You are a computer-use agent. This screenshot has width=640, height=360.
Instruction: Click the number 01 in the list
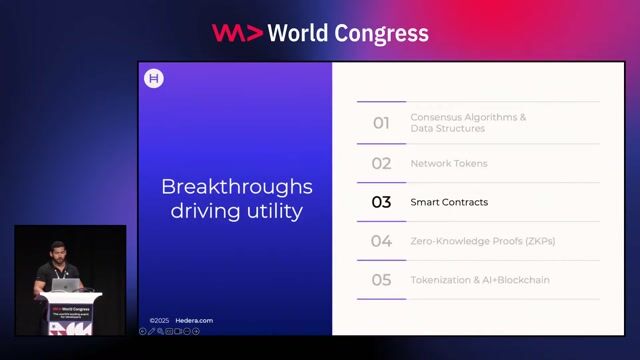tap(381, 123)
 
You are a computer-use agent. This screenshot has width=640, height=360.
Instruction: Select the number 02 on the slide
tap(381, 163)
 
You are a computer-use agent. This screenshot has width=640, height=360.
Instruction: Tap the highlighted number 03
tap(381, 202)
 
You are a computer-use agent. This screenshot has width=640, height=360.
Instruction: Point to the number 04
tap(381, 241)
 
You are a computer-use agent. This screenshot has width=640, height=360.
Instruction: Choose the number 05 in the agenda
tap(381, 280)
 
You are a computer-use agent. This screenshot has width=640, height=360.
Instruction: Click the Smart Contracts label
tap(449, 202)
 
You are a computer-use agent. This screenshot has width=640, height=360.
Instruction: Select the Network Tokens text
tap(449, 163)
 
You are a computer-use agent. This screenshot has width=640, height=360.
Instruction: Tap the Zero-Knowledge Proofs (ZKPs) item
tap(482, 241)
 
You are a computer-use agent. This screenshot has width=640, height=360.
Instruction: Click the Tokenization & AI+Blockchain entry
tap(480, 280)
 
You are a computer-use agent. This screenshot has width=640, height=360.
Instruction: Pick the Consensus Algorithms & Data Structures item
tap(468, 123)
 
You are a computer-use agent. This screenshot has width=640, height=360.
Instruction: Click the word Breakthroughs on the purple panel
tap(237, 187)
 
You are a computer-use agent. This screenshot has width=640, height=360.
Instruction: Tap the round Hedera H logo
tap(154, 79)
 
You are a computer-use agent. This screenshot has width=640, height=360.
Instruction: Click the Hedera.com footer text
tap(195, 321)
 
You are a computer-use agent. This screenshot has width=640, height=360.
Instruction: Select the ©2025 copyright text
tap(159, 321)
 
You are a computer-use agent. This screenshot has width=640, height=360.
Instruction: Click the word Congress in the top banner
tap(380, 33)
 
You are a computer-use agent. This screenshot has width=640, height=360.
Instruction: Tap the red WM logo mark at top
tap(237, 33)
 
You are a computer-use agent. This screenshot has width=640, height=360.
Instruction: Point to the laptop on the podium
tap(66, 285)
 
